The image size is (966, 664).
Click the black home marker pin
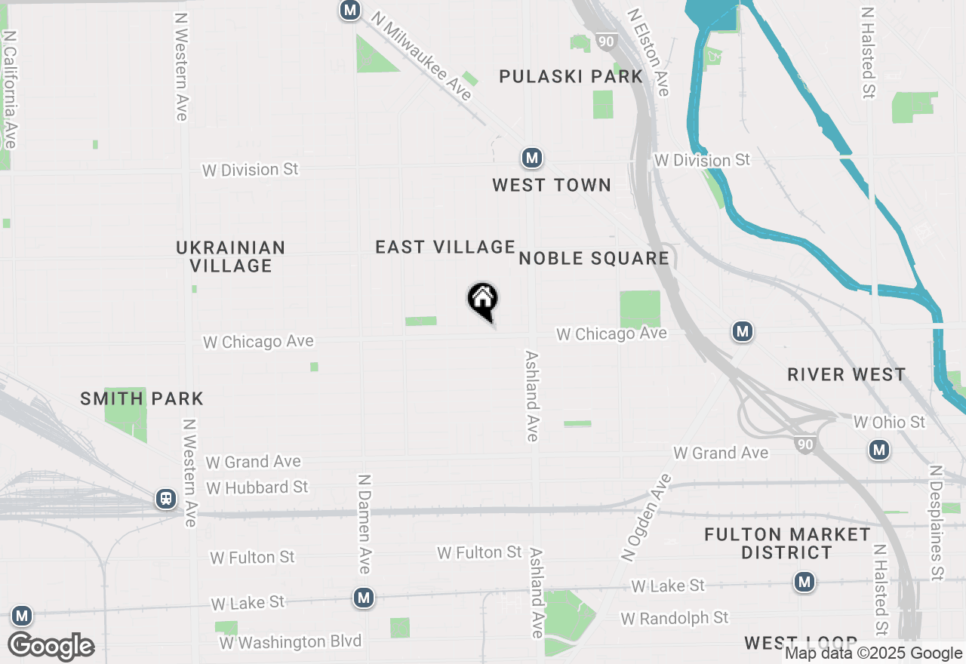pyautogui.click(x=483, y=301)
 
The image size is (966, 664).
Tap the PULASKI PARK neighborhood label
pyautogui.click(x=571, y=76)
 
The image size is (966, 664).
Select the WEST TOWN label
pyautogui.click(x=552, y=185)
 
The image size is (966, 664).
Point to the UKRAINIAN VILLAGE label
pyautogui.click(x=231, y=257)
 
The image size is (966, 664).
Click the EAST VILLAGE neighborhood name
pyautogui.click(x=445, y=247)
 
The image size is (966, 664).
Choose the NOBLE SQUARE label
pyautogui.click(x=594, y=258)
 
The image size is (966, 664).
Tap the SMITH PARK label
pyautogui.click(x=142, y=398)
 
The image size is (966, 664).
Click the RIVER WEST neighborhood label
pyautogui.click(x=846, y=374)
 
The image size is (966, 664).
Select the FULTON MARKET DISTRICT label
pyautogui.click(x=787, y=543)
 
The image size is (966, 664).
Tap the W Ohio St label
pyautogui.click(x=889, y=422)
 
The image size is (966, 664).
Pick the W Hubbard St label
pyautogui.click(x=257, y=487)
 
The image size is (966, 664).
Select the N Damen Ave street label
pyautogui.click(x=365, y=524)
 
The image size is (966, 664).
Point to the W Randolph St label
pyautogui.click(x=675, y=618)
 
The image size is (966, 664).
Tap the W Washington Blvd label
pyautogui.click(x=291, y=642)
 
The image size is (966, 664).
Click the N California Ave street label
pyautogui.click(x=11, y=89)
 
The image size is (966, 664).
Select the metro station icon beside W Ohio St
pyautogui.click(x=878, y=450)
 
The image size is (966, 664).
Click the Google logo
pyautogui.click(x=51, y=647)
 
